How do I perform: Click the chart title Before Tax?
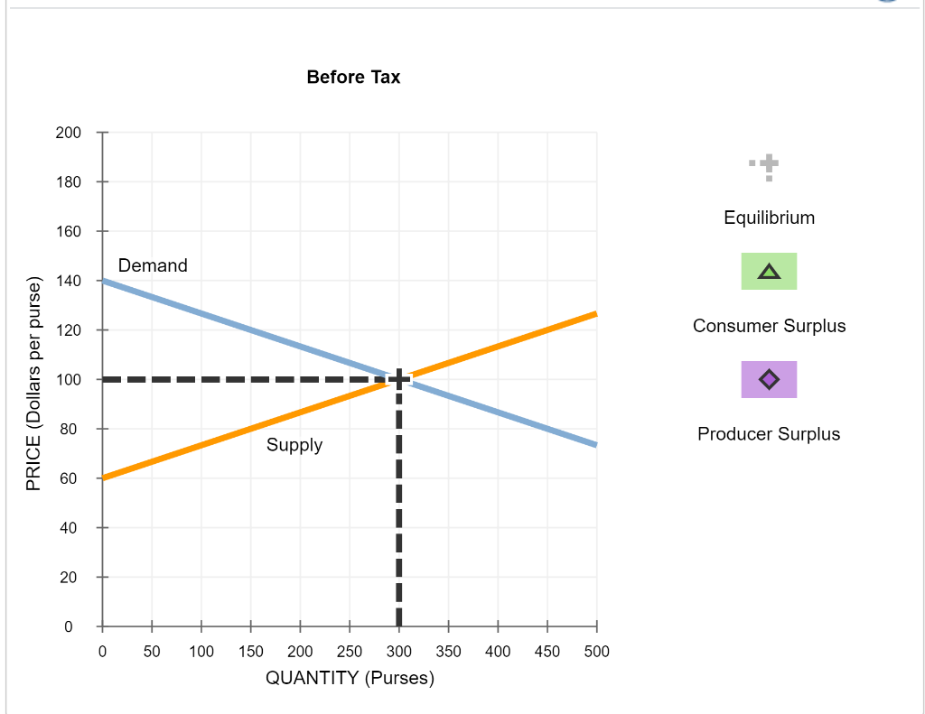point(353,77)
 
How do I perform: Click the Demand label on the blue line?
point(153,265)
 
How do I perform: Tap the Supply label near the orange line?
point(294,445)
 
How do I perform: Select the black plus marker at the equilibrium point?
point(398,379)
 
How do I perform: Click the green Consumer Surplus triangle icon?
point(769,271)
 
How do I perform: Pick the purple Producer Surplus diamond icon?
point(769,379)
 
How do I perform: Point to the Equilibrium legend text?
point(769,218)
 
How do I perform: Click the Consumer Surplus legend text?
point(769,326)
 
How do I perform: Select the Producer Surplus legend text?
point(769,434)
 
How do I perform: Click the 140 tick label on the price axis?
point(70,281)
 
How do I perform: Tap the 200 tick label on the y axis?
point(70,133)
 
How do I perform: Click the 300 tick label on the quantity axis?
point(398,652)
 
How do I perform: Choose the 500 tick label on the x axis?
point(596,652)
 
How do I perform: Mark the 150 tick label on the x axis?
point(250,652)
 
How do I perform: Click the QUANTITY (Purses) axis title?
point(350,679)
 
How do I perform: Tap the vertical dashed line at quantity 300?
point(398,505)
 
